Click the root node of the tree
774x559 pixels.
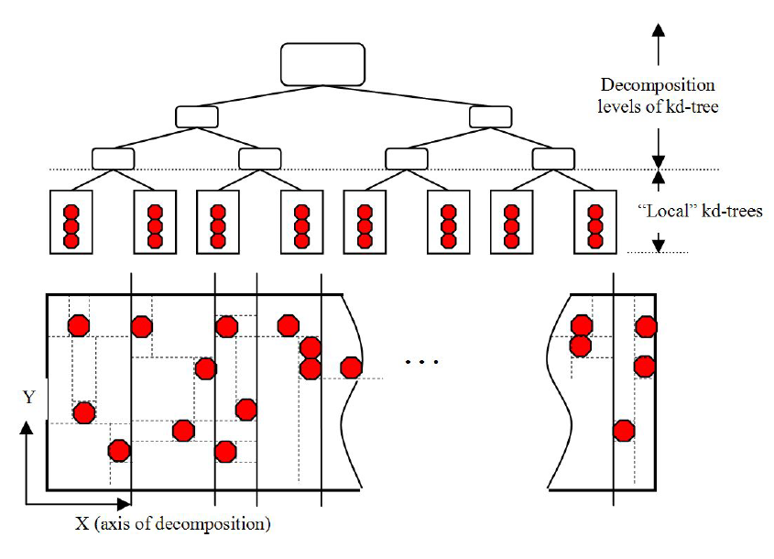click(x=322, y=64)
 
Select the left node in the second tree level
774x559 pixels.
click(x=197, y=117)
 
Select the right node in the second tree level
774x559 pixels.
click(x=491, y=117)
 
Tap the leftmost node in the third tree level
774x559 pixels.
click(x=113, y=159)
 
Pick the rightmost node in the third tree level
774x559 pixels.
click(x=553, y=159)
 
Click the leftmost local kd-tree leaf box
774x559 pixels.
click(x=71, y=222)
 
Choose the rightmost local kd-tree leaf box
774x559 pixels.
click(x=595, y=222)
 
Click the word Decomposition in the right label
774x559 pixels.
click(x=658, y=85)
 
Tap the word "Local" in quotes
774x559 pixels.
click(x=667, y=211)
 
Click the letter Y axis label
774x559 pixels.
click(x=29, y=397)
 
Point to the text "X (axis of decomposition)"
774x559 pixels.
click(x=173, y=523)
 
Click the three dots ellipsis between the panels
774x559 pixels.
click(x=421, y=362)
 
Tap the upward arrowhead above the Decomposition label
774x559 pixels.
click(x=658, y=29)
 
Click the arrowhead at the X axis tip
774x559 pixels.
click(x=124, y=504)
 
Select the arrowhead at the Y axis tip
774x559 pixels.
click(x=27, y=428)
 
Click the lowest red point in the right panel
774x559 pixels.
click(x=624, y=431)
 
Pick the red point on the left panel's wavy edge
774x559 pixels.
click(x=351, y=367)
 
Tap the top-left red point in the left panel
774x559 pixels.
click(x=79, y=326)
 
